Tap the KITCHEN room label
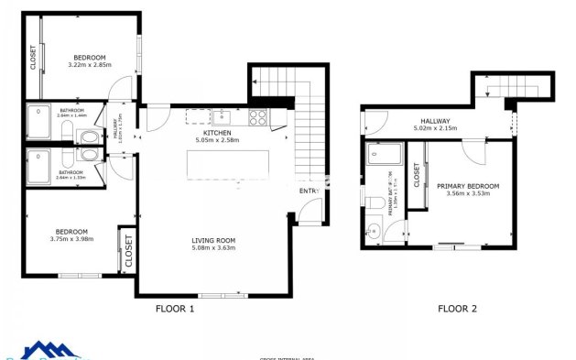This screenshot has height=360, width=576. point(218,134)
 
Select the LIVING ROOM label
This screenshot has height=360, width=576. point(213,240)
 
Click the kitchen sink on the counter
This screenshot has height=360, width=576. point(223,116)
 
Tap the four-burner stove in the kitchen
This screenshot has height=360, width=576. point(258,116)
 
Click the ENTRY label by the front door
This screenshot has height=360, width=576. point(310,191)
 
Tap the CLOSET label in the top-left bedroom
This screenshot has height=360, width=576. point(33,58)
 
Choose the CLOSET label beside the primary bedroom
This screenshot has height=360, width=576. point(417,176)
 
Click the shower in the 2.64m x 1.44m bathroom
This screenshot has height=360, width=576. point(39,121)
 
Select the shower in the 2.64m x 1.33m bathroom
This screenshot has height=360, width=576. point(39,165)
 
